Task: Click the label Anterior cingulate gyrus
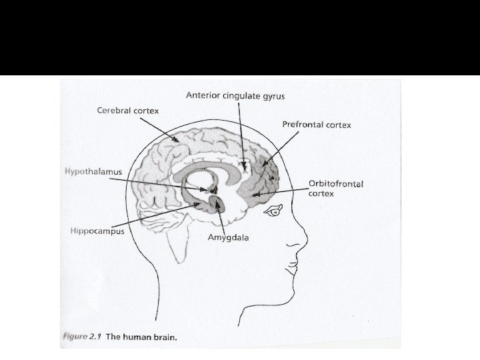tap(235, 96)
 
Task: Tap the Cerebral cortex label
tap(128, 110)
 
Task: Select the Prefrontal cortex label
tap(317, 125)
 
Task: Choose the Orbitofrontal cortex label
tap(335, 189)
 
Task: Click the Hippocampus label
tap(97, 231)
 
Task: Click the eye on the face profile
tap(273, 213)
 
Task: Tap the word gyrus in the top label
tap(273, 96)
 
